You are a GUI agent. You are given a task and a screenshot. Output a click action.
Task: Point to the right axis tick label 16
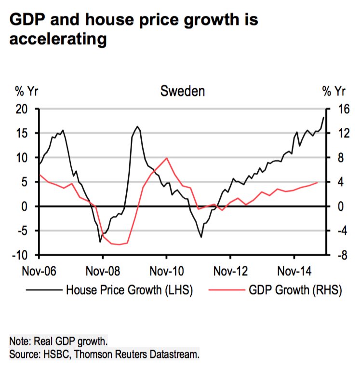339,109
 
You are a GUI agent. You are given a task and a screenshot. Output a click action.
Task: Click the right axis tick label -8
339,255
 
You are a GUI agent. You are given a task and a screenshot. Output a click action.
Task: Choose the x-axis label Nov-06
39,270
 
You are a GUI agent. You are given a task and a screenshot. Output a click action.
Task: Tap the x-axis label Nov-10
166,270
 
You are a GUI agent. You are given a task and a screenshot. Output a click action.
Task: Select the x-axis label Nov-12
230,270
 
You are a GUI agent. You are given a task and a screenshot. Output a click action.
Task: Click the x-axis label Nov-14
293,270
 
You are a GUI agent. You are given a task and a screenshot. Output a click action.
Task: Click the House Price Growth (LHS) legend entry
129,290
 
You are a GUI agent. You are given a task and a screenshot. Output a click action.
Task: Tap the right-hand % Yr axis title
333,91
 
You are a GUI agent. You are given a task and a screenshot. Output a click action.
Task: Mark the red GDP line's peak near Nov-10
166,158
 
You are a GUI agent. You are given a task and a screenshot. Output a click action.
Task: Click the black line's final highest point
323,117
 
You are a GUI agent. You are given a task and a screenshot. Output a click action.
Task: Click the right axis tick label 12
339,134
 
